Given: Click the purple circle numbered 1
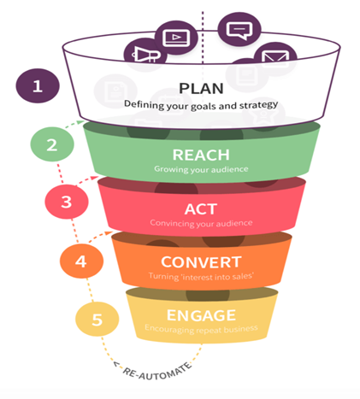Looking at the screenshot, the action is [x=38, y=85].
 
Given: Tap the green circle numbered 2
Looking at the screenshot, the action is [x=52, y=144].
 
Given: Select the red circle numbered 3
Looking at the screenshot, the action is [x=67, y=202].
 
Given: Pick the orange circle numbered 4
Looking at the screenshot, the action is [x=81, y=261].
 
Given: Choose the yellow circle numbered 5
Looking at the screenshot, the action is [x=97, y=320].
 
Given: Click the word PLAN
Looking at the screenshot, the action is [x=201, y=89].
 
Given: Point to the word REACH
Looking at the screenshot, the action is [x=201, y=155].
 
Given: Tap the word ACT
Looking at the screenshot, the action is [x=201, y=209].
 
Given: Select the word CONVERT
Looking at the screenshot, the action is [x=201, y=262].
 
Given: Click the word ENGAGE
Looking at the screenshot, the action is [x=201, y=315].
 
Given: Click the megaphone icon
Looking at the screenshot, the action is [x=146, y=55].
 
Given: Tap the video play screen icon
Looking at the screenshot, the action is [x=176, y=38].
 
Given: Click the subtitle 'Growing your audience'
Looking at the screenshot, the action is [x=201, y=169].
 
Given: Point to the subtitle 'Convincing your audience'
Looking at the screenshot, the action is [x=201, y=223].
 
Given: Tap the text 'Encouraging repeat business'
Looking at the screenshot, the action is [x=201, y=329].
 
